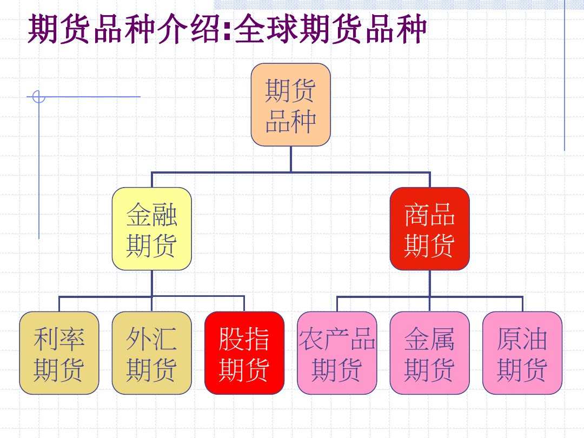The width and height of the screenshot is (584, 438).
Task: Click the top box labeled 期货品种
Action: coord(290,105)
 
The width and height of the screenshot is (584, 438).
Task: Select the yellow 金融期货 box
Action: coord(151,229)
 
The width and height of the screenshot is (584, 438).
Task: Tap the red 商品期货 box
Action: coord(429,229)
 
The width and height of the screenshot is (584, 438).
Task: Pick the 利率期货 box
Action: coord(59,353)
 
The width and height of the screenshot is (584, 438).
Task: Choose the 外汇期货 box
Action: coord(151,353)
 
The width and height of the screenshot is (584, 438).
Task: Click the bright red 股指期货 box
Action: coord(244,353)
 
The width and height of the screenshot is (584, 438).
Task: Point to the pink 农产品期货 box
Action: coord(337,353)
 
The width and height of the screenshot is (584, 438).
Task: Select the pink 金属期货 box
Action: coord(429,353)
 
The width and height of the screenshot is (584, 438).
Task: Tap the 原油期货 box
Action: coord(522,353)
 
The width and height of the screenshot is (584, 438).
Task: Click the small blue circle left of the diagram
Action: coord(38,97)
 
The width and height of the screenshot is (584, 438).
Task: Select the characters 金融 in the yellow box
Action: coord(151,215)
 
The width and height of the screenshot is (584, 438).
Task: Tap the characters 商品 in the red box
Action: coord(429,215)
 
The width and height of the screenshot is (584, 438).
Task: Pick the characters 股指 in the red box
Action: coord(244,339)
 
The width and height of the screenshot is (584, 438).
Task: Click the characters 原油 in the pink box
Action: coord(522,339)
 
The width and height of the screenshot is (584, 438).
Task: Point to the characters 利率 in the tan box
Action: coord(59,339)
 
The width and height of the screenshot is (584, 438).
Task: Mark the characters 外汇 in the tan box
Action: coord(151,339)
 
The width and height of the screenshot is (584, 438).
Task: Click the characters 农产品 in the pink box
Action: coord(337,339)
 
